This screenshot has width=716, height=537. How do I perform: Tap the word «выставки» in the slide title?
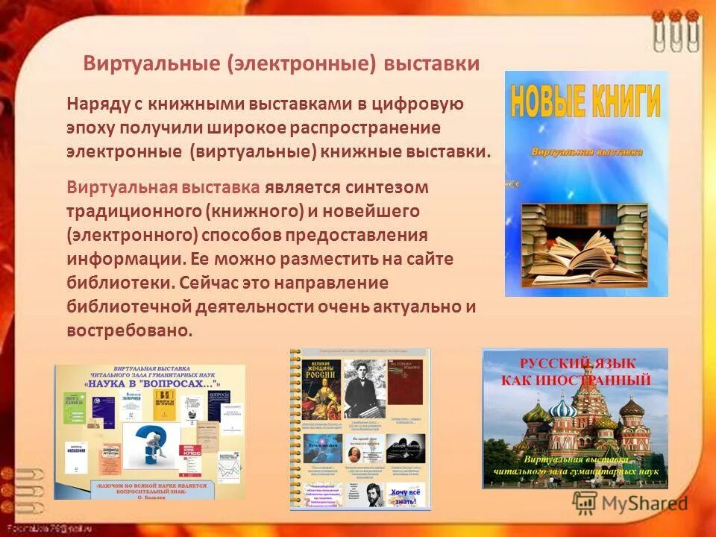(431, 63)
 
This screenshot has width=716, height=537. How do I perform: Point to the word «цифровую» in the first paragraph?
(430, 104)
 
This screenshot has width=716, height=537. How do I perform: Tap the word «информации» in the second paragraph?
(111, 259)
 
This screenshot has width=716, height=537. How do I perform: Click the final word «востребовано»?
(130, 330)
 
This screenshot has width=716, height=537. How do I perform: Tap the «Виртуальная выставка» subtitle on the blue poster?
(586, 151)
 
